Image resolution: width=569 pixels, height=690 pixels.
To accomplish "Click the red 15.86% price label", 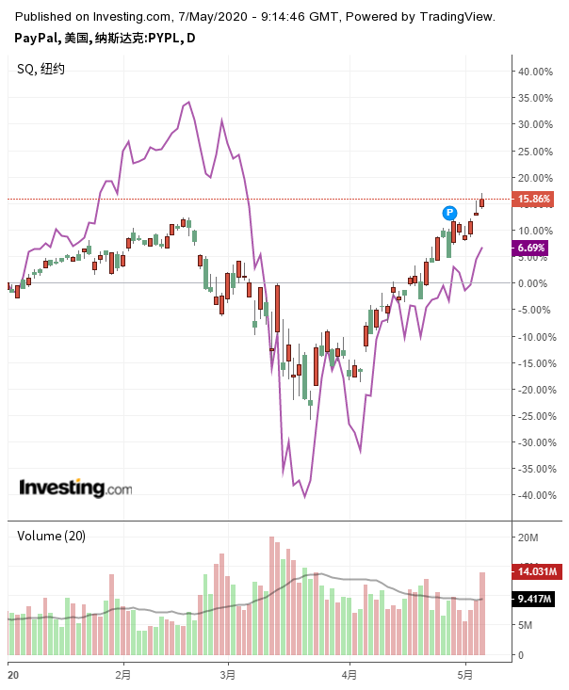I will click(534, 199).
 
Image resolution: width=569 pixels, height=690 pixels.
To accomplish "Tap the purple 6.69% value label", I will click(530, 248).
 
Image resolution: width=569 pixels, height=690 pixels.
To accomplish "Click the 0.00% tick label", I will click(532, 283).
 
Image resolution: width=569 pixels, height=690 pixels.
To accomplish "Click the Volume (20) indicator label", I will click(52, 536).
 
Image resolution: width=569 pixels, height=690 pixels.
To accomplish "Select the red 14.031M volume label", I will click(534, 571).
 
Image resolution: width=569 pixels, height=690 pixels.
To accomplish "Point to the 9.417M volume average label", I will click(534, 599).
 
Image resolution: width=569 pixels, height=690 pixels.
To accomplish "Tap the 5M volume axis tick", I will click(526, 625).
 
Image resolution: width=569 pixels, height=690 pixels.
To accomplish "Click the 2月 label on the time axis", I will click(122, 674).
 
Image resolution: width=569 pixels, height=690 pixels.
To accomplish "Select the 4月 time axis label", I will click(350, 674).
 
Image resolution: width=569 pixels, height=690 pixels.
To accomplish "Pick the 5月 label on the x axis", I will click(465, 674).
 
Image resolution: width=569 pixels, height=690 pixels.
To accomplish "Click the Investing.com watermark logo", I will click(75, 488).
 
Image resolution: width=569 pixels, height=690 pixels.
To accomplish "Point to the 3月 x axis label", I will click(227, 674).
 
